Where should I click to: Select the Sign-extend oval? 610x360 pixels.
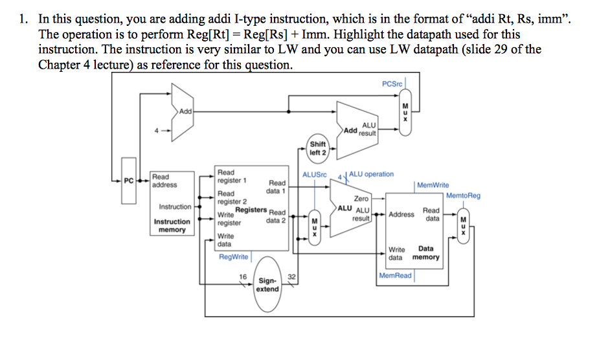coord(267,285)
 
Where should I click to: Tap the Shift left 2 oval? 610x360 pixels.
coord(318,148)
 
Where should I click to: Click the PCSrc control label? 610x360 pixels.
coord(392,84)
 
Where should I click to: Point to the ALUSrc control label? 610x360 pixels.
coord(315,175)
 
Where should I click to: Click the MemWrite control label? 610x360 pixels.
coord(433,185)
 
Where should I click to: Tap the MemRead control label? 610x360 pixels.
coord(395,276)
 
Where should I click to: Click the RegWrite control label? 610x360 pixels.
coord(233,257)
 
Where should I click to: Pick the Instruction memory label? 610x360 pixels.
coord(172,225)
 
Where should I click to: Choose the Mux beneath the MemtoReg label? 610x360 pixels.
coord(462,225)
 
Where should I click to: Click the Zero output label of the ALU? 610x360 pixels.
coord(361,199)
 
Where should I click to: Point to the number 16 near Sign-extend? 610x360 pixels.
coord(243,276)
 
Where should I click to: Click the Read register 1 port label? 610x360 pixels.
coord(232,176)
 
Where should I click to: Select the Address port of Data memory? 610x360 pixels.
coord(401,214)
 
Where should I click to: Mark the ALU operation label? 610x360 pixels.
coord(371,174)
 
